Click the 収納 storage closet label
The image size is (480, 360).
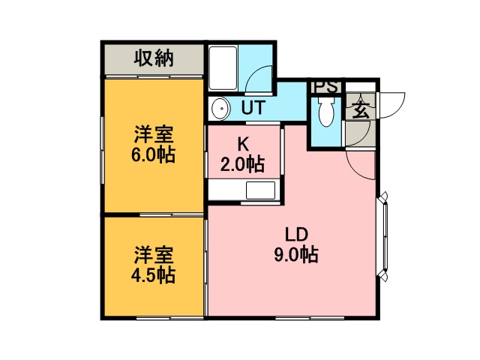[x=154, y=58]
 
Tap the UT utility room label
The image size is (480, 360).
[x=253, y=107]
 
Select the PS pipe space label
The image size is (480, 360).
[x=326, y=87]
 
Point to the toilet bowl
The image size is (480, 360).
[x=326, y=112]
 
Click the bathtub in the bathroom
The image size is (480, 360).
[x=223, y=68]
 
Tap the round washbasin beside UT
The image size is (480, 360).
[x=220, y=108]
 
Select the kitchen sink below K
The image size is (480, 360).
[x=260, y=190]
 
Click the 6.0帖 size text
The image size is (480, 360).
[x=153, y=155]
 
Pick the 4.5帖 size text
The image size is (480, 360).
[x=153, y=275]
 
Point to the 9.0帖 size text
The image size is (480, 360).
[x=296, y=255]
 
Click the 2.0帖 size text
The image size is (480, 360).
[x=242, y=165]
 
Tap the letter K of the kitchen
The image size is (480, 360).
[x=243, y=145]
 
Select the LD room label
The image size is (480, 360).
[x=296, y=235]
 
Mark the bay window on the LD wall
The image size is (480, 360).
[x=385, y=235]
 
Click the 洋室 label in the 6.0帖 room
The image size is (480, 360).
[x=154, y=134]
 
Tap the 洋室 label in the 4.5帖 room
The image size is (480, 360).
[x=154, y=255]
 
